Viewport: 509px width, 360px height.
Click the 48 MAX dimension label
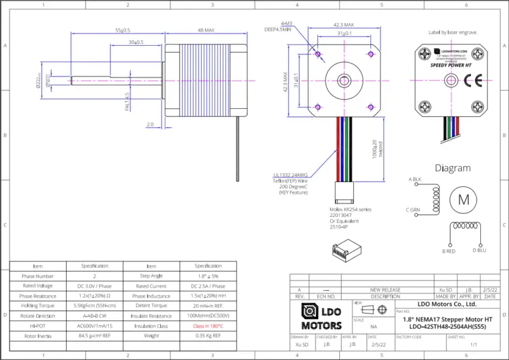[x=206, y=30]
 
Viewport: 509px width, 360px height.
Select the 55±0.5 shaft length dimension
[x=122, y=30]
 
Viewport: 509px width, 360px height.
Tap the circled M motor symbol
[x=463, y=199]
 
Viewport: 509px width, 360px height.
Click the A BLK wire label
[x=415, y=179]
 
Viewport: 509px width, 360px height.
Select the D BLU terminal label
[x=479, y=251]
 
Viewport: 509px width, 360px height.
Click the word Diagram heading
[x=452, y=168]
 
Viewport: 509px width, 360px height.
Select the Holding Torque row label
[x=38, y=306]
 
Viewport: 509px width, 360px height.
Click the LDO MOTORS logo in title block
[x=321, y=315]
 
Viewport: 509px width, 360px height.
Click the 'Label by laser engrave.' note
[x=453, y=32]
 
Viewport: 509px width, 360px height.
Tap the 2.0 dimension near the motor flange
[x=150, y=124]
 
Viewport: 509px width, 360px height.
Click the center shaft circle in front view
[x=344, y=80]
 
